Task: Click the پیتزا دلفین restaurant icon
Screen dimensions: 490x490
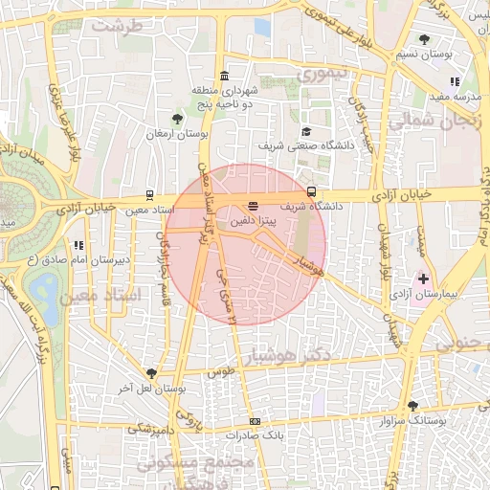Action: [x=254, y=206]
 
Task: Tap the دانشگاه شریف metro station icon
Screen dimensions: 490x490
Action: [x=311, y=192]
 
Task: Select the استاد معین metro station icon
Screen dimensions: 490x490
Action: [x=151, y=194]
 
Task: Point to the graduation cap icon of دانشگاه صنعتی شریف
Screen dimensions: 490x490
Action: [x=305, y=131]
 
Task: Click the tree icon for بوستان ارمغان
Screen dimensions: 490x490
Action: [x=176, y=119]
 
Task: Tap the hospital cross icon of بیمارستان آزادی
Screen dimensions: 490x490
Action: [x=423, y=278]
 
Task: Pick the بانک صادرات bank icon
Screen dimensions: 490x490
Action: [x=255, y=421]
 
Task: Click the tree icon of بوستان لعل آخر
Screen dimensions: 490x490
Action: [x=151, y=373]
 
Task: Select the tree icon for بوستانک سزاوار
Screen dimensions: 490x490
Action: [x=412, y=406]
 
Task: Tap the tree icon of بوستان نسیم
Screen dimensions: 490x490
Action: [x=424, y=39]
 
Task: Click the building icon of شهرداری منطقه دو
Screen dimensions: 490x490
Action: [x=224, y=76]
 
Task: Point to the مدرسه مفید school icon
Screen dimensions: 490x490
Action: [x=454, y=82]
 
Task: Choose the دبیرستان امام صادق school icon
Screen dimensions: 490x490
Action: [x=77, y=245]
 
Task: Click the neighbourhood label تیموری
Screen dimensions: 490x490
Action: [x=323, y=74]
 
